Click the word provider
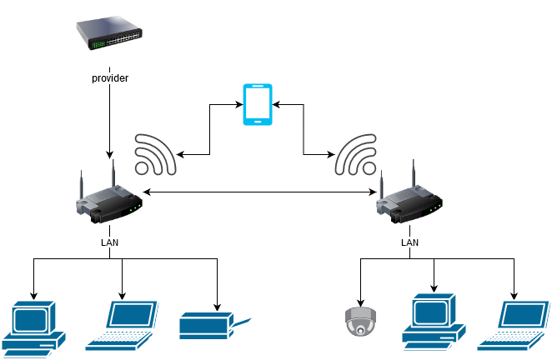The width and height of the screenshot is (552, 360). coord(110,78)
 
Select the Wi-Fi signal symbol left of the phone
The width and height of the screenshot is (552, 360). coord(155,154)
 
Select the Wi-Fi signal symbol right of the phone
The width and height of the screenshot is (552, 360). coord(357,154)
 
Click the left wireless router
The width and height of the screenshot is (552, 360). coord(108,202)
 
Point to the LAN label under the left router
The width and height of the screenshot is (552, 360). coord(109,242)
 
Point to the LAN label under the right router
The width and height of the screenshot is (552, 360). coord(410,242)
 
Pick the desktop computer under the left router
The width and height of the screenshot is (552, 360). coord(34,326)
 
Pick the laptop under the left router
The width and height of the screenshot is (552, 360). coord(122,326)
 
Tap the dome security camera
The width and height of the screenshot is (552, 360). coord(360,321)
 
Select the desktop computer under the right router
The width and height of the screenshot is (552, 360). coord(434,320)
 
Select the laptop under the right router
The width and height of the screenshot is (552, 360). coord(514,326)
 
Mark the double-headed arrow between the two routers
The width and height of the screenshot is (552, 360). coord(259,193)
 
